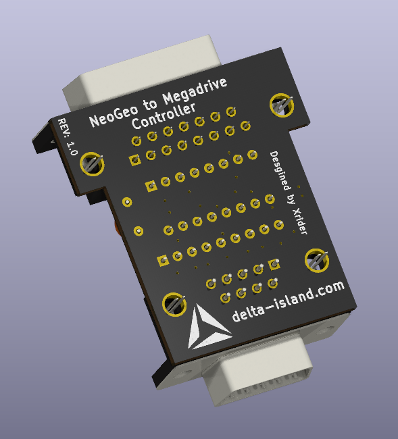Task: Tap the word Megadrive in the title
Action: click(x=195, y=91)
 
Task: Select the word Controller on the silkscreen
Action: click(x=164, y=116)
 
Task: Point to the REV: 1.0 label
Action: click(x=68, y=136)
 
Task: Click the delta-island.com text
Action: click(x=289, y=301)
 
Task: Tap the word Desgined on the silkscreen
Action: click(x=280, y=170)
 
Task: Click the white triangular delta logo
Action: click(x=207, y=328)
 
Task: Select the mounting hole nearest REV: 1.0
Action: click(x=92, y=164)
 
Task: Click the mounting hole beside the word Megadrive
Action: click(x=282, y=105)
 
